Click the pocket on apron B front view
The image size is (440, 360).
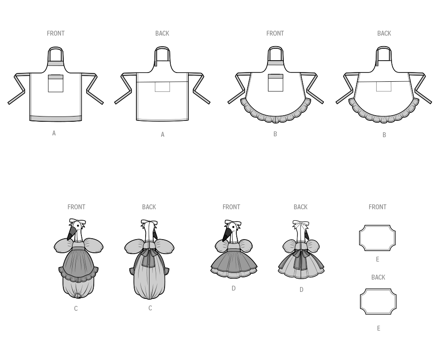click(x=275, y=83)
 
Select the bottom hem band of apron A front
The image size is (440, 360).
click(x=55, y=118)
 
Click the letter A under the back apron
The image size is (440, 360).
click(x=162, y=135)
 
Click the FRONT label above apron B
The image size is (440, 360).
click(x=275, y=33)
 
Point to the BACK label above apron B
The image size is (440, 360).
click(x=384, y=33)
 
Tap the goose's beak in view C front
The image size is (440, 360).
click(x=72, y=233)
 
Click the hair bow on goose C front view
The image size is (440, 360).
click(x=77, y=222)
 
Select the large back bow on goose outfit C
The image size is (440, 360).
click(x=149, y=255)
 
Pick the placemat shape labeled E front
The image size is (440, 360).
click(x=377, y=238)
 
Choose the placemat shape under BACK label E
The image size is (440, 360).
click(x=378, y=302)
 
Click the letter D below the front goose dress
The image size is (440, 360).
click(x=234, y=288)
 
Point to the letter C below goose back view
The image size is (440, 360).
click(x=150, y=308)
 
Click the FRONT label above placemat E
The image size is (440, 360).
click(x=377, y=207)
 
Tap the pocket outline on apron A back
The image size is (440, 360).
click(x=162, y=87)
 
